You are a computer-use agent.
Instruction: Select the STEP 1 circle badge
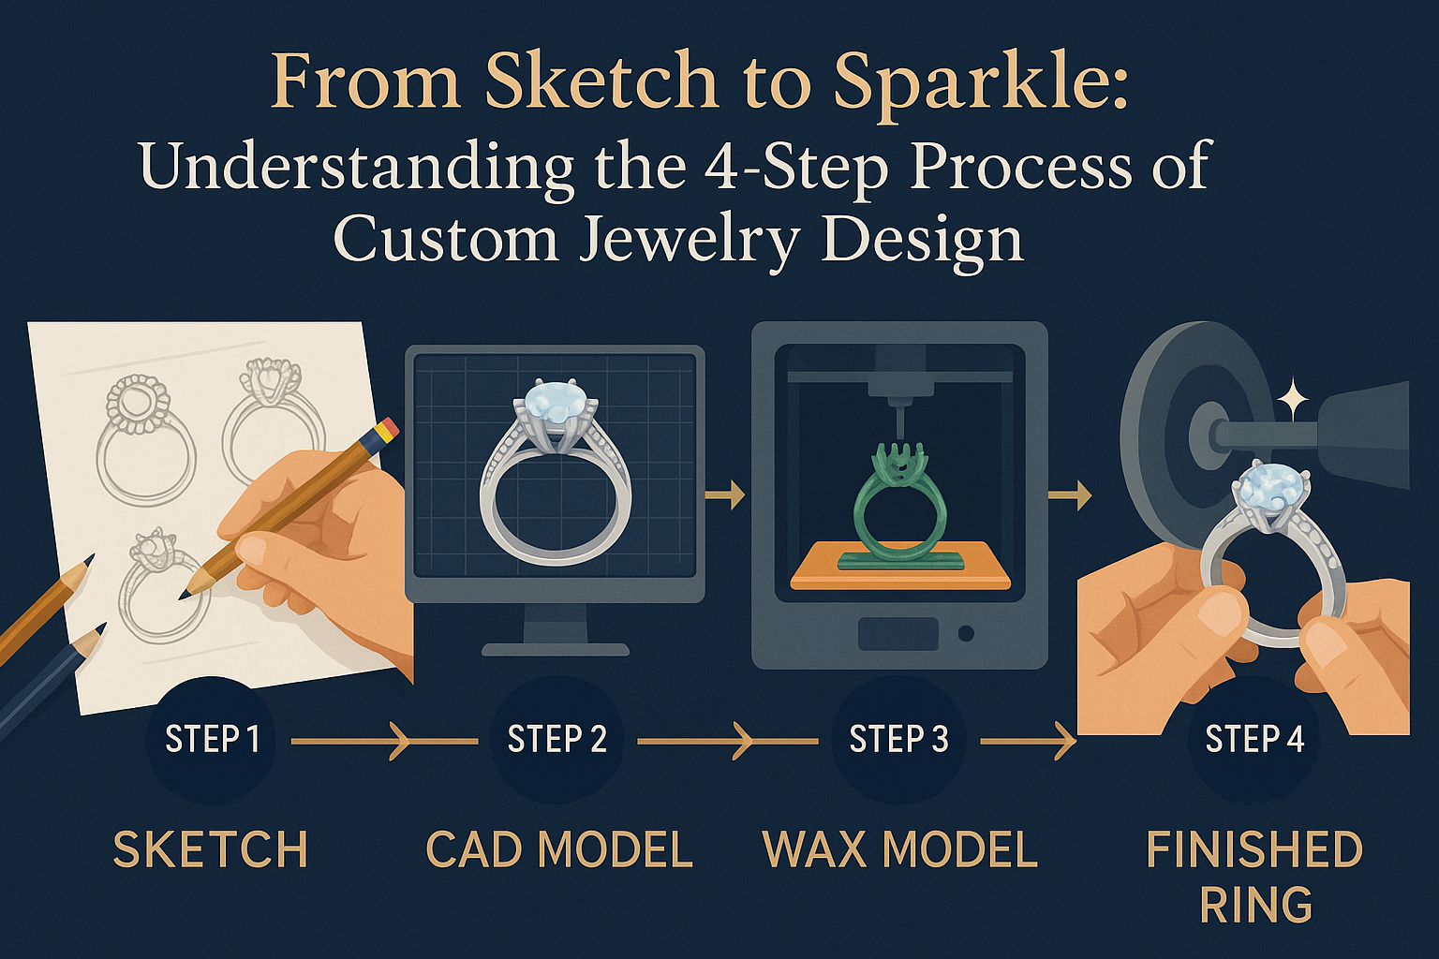point(212,739)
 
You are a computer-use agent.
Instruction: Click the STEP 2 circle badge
point(556,739)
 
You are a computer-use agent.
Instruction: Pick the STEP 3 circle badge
point(898,739)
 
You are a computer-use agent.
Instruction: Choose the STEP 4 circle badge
point(1254,739)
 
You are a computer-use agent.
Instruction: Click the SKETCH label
point(211,849)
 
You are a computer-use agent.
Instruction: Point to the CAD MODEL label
point(559,849)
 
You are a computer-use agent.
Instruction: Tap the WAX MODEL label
point(900,849)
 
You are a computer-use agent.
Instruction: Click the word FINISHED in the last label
point(1254,849)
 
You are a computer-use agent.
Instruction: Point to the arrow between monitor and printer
point(724,495)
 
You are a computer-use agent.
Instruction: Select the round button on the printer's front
point(966,635)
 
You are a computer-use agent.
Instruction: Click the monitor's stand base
point(555,649)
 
